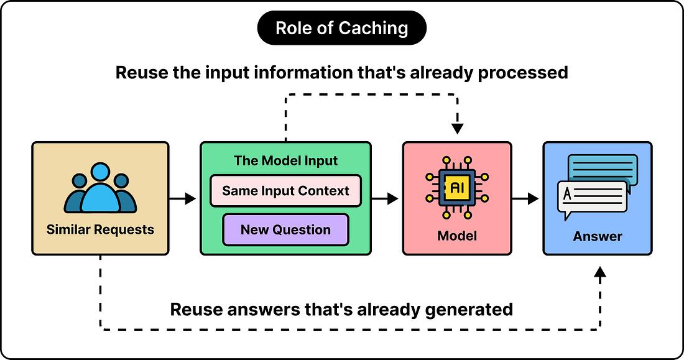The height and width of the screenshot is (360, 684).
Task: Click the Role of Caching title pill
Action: pos(341,28)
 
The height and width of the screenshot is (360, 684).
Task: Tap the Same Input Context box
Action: pos(286,191)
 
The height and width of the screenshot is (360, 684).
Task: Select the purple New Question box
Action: pos(286,229)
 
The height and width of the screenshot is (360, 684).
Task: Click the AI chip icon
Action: pos(457,188)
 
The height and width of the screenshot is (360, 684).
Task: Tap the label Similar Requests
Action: pos(100,229)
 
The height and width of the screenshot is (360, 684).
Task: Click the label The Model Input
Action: pos(286,160)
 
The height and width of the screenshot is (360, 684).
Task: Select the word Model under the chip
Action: pos(457,236)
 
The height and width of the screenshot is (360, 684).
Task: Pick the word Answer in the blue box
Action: pos(598,236)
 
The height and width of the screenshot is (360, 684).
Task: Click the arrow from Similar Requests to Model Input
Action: pos(183,198)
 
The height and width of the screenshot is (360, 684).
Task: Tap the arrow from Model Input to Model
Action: pos(385,198)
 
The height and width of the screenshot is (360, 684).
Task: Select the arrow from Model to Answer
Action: pos(525,198)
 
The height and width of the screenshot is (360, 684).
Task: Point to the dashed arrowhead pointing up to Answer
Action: pos(600,273)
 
